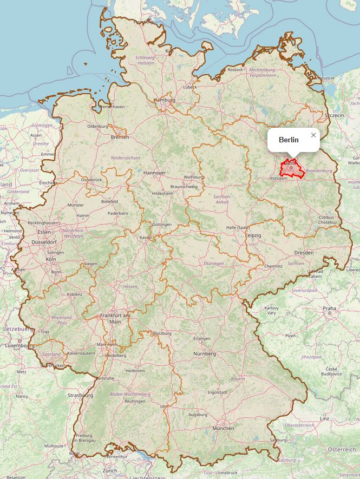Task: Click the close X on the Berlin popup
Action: pos(313,135)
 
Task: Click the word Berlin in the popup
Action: pos(289,140)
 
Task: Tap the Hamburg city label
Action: pos(165,100)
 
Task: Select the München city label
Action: pos(223,428)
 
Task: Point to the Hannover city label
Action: pos(155,173)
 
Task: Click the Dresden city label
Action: pos(303,253)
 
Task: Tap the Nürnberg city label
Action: pos(204,354)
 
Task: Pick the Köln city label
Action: pos(51,259)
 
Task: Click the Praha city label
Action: pos(329,309)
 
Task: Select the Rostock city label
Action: pos(235,69)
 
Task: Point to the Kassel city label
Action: pos(146,238)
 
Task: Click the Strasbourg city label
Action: pos(81,395)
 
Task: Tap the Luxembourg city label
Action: pos(19,345)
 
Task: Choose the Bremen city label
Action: pos(120,137)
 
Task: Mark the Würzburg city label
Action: pos(161,333)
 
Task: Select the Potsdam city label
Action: pos(278,178)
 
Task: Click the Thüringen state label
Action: pos(214,264)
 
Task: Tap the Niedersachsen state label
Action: pos(126,158)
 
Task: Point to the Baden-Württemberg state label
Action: pos(130,394)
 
